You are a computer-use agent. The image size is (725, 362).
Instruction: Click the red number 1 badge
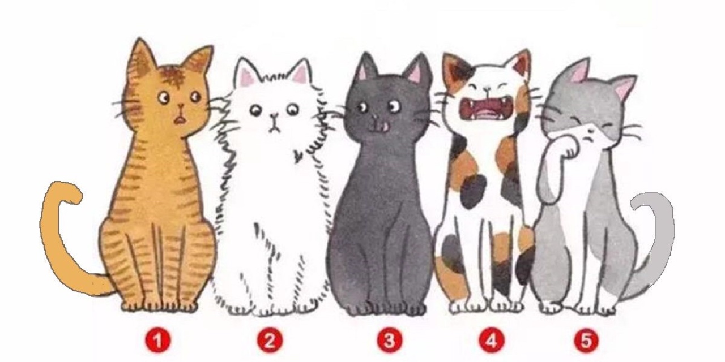click(157, 341)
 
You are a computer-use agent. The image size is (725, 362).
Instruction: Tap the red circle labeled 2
click(270, 341)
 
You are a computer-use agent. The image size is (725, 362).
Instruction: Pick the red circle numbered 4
click(491, 341)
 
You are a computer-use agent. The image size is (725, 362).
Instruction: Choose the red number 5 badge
click(586, 341)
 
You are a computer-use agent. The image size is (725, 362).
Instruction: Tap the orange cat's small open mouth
click(180, 120)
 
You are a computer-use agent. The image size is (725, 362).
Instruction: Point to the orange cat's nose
click(181, 106)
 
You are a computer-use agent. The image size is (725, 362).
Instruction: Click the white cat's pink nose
click(274, 115)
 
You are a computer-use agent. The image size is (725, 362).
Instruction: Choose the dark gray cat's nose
click(376, 117)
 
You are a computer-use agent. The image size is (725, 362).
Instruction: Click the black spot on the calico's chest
click(474, 192)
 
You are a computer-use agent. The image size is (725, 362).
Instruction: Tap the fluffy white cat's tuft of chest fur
click(298, 156)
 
